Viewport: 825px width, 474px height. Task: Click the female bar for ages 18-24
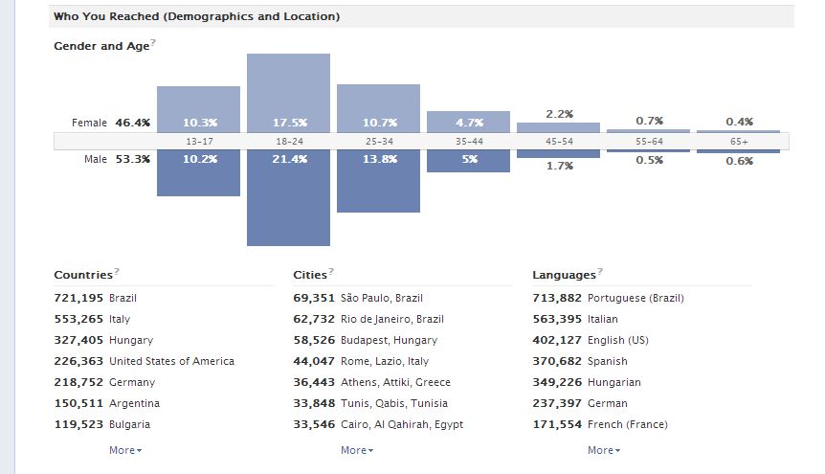coord(288,93)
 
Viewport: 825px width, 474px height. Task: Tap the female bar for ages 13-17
coord(198,108)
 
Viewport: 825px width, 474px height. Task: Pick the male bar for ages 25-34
coord(378,181)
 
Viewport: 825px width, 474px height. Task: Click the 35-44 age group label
coord(468,141)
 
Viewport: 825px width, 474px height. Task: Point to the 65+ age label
coord(738,141)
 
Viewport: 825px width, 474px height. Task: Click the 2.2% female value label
coord(559,114)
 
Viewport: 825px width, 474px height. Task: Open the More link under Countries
coord(124,450)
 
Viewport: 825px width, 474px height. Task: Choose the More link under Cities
coord(356,450)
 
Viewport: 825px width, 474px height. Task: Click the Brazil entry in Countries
coord(123,298)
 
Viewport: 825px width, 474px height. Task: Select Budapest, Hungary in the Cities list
coord(389,340)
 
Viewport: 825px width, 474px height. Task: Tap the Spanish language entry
coord(608,361)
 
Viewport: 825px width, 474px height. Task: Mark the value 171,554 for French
coord(557,424)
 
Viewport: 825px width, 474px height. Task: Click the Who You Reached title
coord(196,16)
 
